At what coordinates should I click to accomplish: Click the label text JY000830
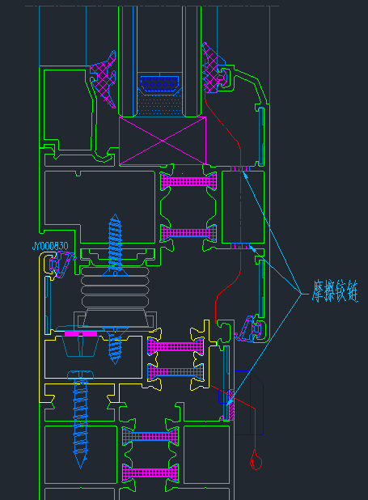point(50,246)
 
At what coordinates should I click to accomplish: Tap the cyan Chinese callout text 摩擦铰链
point(335,290)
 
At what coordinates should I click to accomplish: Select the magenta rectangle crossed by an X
point(163,141)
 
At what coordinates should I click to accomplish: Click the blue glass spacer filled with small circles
point(159,84)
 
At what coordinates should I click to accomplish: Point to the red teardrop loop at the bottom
point(256,460)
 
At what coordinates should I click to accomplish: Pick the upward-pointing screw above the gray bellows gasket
point(115,244)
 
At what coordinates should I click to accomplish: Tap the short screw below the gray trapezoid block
point(115,345)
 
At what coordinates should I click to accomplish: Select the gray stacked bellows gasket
point(115,287)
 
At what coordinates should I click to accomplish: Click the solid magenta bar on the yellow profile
point(81,334)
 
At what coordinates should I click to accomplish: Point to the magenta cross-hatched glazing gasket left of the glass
point(104,79)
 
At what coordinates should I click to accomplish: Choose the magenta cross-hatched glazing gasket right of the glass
point(214,68)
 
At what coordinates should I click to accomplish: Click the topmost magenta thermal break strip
point(188,181)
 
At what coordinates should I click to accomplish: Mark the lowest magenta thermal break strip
point(150,472)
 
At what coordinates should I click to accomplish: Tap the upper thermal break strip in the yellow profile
point(176,346)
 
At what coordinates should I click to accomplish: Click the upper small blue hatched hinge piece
point(240,168)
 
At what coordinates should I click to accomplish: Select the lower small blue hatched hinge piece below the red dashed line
point(240,246)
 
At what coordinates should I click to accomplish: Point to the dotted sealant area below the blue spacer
point(159,104)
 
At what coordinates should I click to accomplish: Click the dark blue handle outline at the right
point(249,403)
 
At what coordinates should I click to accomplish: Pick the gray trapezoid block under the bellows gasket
point(115,318)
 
